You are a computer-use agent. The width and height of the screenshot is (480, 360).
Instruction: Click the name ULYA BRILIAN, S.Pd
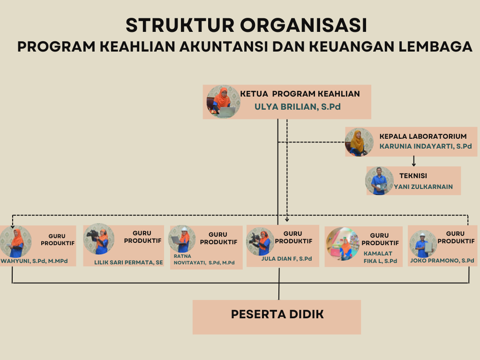[x=298, y=107]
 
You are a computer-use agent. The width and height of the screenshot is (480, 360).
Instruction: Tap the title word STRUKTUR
[x=180, y=25]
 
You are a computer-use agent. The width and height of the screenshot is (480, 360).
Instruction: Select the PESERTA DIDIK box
[x=277, y=317]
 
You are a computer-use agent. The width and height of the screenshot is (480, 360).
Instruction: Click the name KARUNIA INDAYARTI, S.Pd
[x=426, y=146]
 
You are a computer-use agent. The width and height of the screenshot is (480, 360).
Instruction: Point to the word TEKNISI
[x=413, y=176]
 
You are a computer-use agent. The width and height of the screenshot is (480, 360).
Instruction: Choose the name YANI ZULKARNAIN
[x=423, y=187]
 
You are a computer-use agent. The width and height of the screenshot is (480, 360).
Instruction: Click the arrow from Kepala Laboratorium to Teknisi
[x=414, y=161]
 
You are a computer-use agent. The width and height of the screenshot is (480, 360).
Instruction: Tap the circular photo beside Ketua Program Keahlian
[x=223, y=102]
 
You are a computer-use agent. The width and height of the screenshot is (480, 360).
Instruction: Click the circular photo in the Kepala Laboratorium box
[x=359, y=142]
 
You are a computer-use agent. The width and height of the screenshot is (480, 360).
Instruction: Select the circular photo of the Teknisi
[x=379, y=181]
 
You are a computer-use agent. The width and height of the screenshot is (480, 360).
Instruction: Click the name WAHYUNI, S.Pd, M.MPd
[x=34, y=261]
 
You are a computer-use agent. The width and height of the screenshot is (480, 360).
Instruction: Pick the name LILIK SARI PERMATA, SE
[x=128, y=262]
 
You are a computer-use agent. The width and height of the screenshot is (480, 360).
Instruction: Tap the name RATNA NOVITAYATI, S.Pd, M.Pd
[x=204, y=259]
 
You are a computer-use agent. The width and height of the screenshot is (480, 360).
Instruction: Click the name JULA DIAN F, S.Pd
[x=286, y=259]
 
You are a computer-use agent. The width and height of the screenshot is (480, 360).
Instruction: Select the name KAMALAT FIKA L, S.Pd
[x=380, y=257]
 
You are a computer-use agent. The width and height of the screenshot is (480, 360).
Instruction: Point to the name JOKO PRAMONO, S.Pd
[x=442, y=261]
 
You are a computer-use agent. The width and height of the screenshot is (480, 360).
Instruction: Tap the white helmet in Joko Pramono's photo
[x=422, y=235]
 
